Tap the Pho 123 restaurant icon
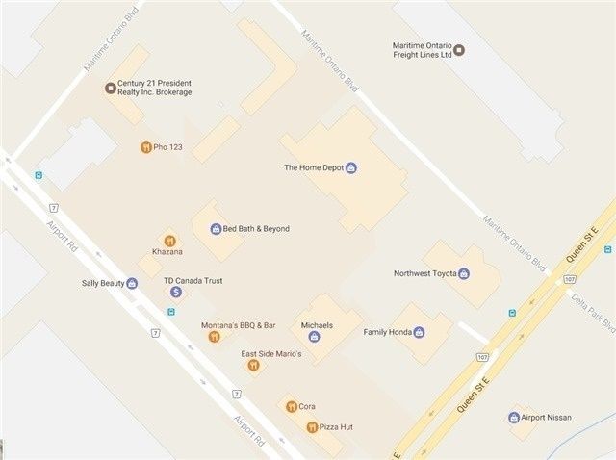(x=144, y=147)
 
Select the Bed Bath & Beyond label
(x=256, y=229)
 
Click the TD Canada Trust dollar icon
(x=176, y=292)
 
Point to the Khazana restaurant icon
(x=169, y=241)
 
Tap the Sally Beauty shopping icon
(x=132, y=284)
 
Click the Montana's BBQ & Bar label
(x=239, y=325)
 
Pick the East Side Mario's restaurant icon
(x=253, y=366)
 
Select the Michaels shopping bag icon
(x=314, y=337)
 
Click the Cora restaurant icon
(x=291, y=407)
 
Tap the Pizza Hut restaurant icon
(x=312, y=426)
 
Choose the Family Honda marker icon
(x=419, y=332)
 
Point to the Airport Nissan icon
(x=514, y=418)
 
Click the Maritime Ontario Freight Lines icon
(x=459, y=50)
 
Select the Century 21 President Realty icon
(x=110, y=89)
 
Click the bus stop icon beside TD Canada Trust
(x=171, y=311)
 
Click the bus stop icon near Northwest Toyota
(x=511, y=313)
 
